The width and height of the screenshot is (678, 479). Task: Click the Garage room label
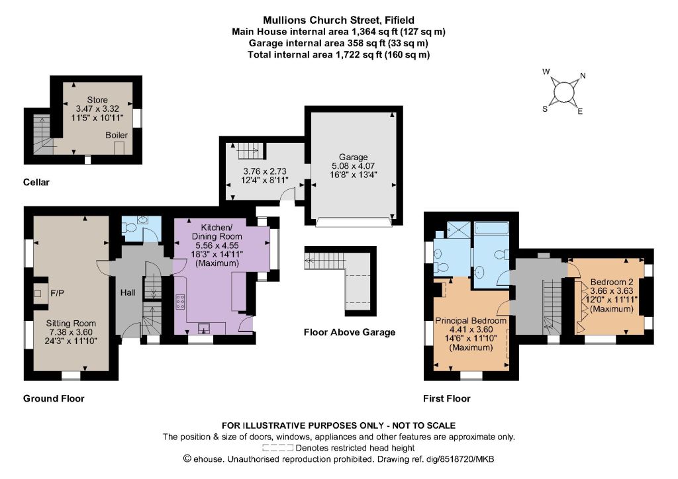point(354,157)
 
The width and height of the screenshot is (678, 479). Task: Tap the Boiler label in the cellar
point(117,135)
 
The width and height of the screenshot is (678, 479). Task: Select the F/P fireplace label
point(57,293)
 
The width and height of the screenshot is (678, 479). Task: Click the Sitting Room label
point(71,324)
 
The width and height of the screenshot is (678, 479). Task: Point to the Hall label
point(128,293)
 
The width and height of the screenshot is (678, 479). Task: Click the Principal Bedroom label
point(471,321)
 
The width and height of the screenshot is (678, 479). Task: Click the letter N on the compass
point(583,76)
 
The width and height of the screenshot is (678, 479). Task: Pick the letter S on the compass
point(545,109)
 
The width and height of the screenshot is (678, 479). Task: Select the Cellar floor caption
point(36,182)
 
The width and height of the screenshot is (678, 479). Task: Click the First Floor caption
point(447,399)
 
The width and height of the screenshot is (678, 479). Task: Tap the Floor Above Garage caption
point(350,332)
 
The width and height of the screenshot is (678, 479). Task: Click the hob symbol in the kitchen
point(180,302)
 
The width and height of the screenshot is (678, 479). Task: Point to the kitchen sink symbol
point(204,329)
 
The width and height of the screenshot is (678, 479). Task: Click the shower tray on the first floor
point(458,229)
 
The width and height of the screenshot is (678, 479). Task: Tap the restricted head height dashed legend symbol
point(277,448)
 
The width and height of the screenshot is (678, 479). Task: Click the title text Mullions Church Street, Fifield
point(338,20)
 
